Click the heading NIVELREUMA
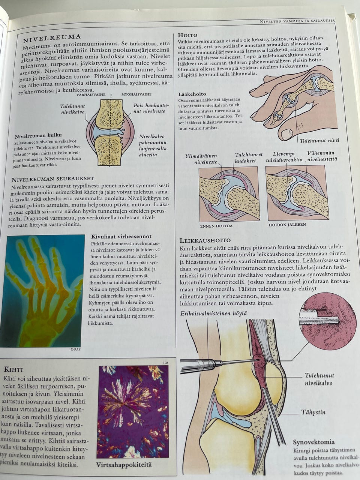(52, 39)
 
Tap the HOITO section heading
(187, 35)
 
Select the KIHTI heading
(13, 370)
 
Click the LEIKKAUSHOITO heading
(205, 240)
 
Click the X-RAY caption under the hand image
(75, 349)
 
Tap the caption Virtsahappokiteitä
(124, 465)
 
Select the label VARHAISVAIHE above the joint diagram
(91, 94)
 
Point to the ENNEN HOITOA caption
(216, 226)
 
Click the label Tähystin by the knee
(313, 412)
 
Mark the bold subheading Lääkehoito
(192, 94)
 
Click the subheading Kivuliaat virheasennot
(121, 236)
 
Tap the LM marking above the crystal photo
(166, 363)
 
